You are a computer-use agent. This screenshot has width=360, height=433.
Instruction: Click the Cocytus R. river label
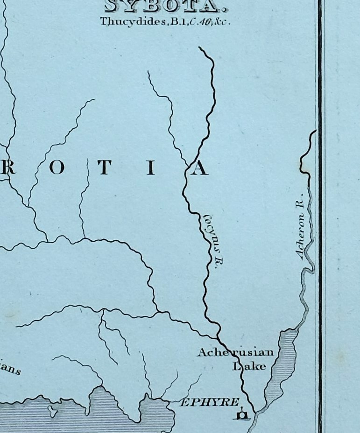tap(212, 241)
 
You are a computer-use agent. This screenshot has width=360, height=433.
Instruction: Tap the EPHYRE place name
tap(210, 402)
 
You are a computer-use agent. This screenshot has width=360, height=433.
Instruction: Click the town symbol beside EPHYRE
tap(242, 415)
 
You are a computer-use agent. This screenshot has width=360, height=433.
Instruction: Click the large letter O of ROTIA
tap(57, 169)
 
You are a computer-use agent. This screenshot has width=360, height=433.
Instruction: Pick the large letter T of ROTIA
tap(104, 169)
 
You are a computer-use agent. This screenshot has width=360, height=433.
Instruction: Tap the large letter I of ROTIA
tap(150, 169)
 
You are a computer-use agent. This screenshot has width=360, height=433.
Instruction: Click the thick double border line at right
tap(320, 233)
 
